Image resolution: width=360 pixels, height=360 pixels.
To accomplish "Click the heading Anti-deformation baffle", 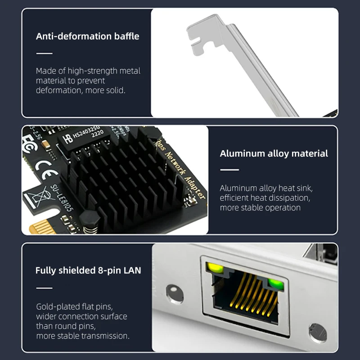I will click(x=88, y=36).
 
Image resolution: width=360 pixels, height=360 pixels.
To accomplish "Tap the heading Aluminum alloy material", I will click(x=274, y=153).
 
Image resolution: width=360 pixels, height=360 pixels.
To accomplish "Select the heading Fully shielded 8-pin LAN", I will click(x=88, y=270).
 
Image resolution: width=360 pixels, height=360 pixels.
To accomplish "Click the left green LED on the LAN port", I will click(x=216, y=269).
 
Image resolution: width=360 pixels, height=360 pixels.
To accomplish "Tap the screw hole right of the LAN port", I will click(x=317, y=333).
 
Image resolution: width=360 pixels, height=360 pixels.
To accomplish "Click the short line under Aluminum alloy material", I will click(x=229, y=170).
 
